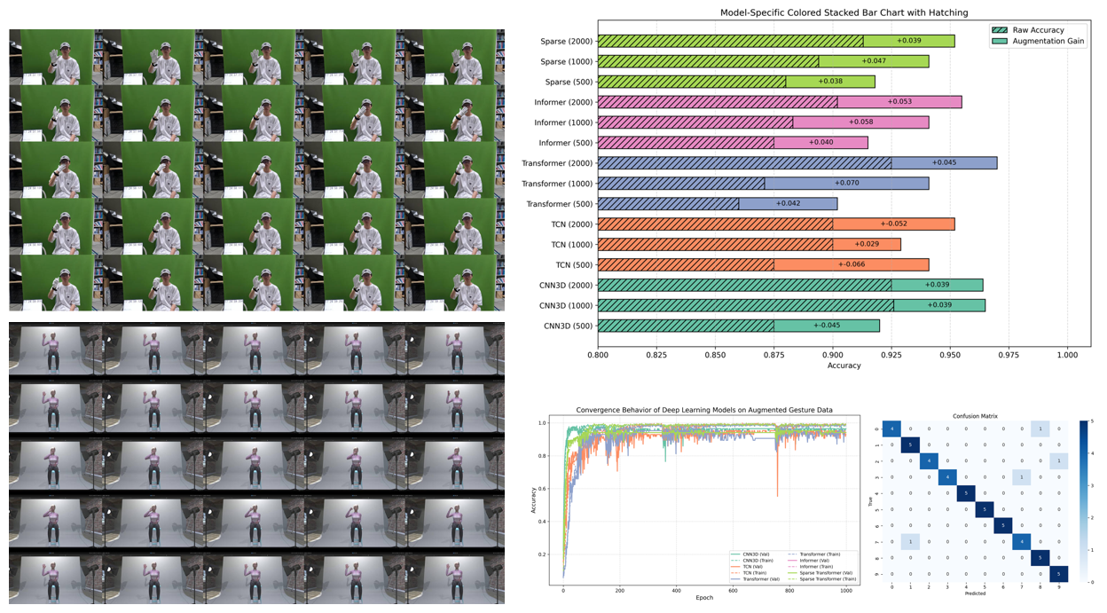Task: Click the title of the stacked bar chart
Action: pyautogui.click(x=831, y=12)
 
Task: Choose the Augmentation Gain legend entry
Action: pyautogui.click(x=1048, y=42)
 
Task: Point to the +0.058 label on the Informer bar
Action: pyautogui.click(x=860, y=122)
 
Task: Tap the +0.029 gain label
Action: pyautogui.click(x=867, y=244)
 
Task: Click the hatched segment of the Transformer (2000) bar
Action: pyautogui.click(x=744, y=163)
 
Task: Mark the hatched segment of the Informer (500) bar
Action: pyautogui.click(x=686, y=143)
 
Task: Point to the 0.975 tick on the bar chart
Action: pyautogui.click(x=1021, y=355)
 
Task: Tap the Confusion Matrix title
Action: pyautogui.click(x=975, y=415)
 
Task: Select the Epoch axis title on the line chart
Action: pyautogui.click(x=705, y=598)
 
